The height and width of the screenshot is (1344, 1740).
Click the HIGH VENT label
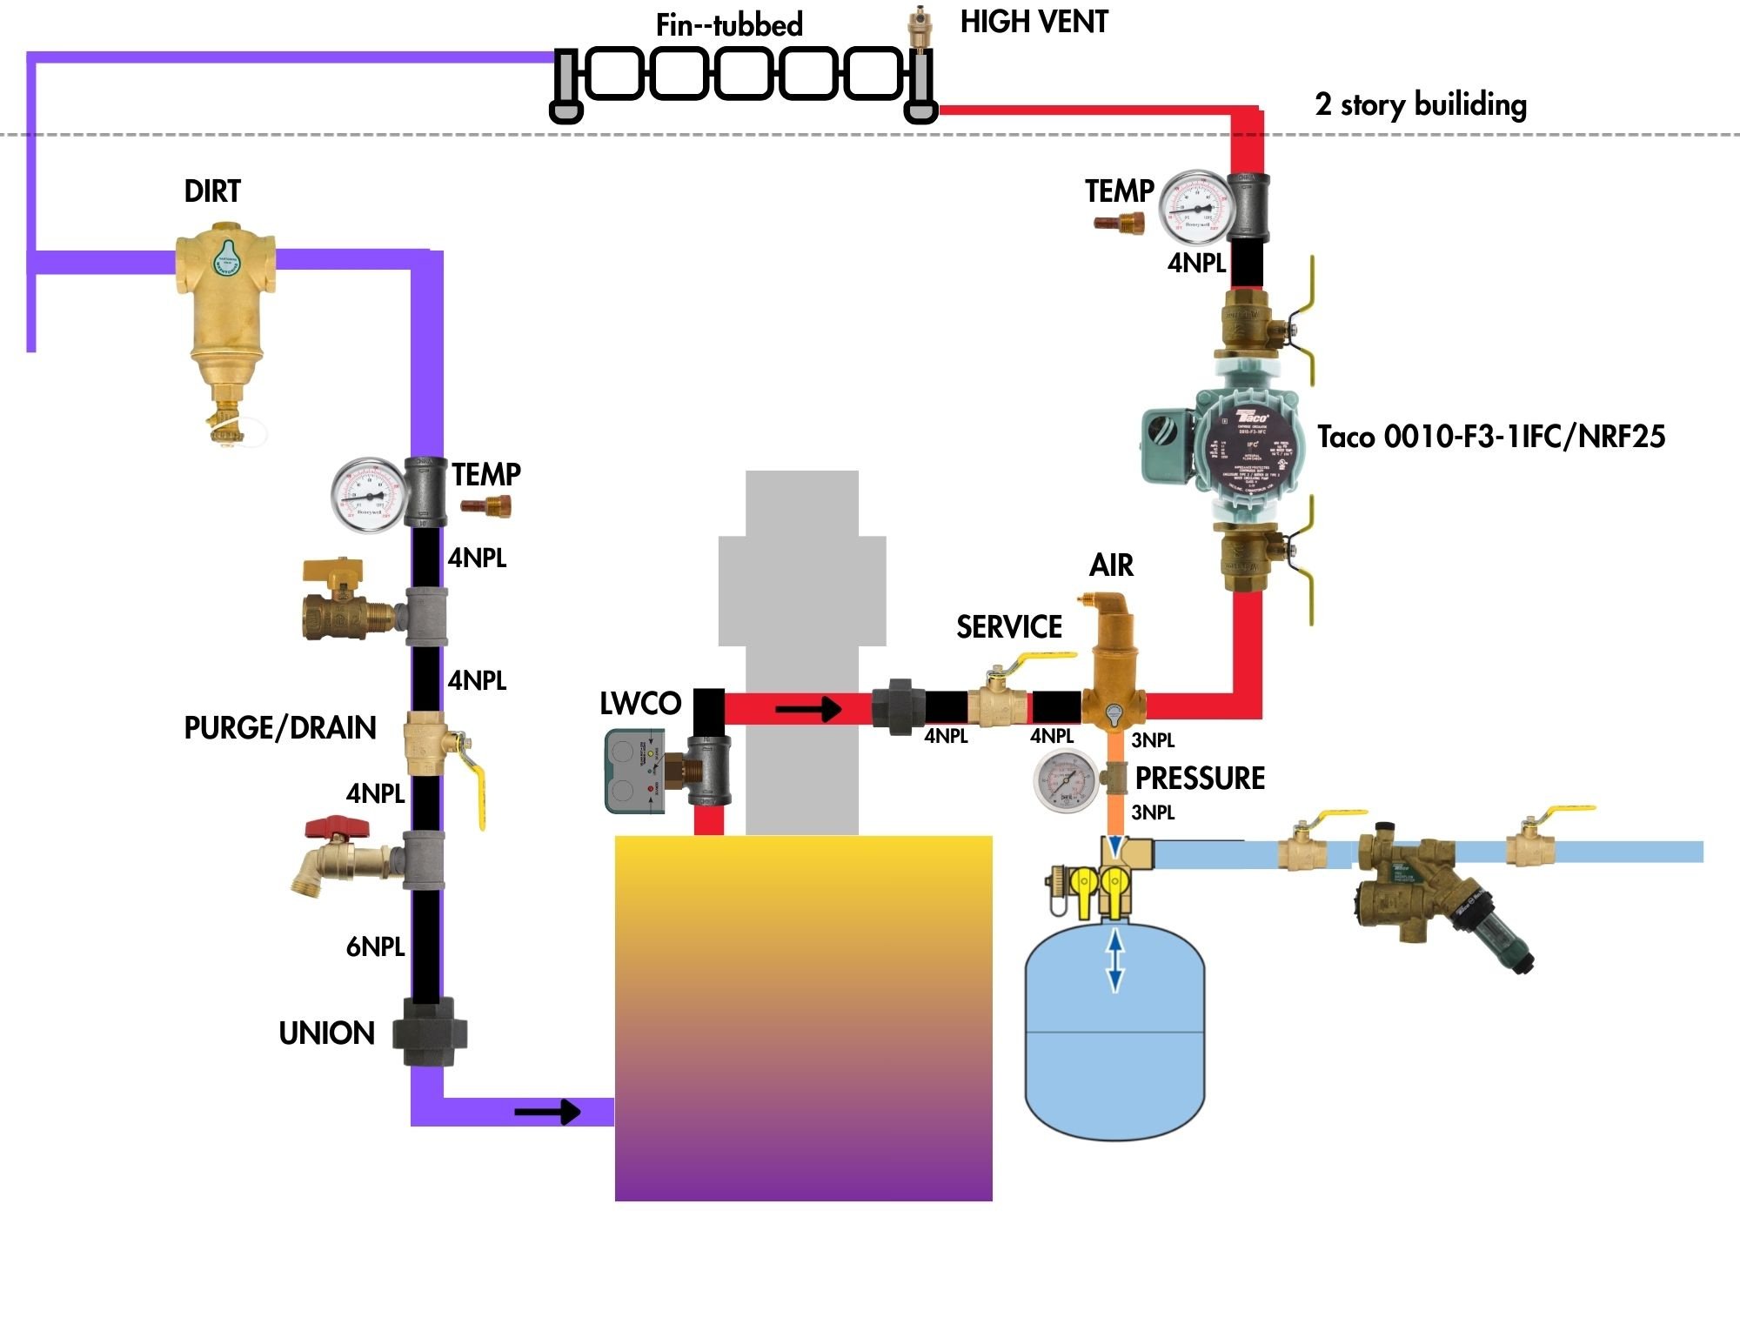pos(1034,22)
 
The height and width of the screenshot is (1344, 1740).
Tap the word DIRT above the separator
pos(211,191)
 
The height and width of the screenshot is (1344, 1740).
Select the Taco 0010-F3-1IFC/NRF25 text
pos(1490,437)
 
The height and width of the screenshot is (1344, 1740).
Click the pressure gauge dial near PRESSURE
pos(1066,779)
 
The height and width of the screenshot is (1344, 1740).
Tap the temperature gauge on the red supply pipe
pos(1197,207)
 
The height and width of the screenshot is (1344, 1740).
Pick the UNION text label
pos(326,1033)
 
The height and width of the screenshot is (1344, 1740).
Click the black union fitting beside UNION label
pos(429,1033)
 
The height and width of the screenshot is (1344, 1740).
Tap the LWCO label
pos(640,704)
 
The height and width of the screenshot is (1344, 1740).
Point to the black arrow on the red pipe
pos(808,709)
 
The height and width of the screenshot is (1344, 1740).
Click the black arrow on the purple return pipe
pos(547,1112)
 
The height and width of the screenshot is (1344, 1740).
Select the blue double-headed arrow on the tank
pos(1114,960)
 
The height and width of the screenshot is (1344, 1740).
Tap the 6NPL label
pos(375,946)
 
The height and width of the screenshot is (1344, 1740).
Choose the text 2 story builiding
pos(1420,104)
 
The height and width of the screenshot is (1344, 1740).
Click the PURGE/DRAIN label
pos(279,728)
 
